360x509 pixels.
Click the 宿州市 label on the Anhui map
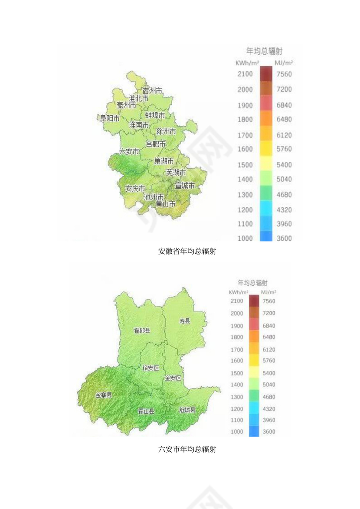tap(152, 91)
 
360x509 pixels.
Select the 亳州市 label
tap(126, 105)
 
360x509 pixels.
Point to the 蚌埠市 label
tap(155, 115)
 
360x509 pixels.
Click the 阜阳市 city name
tap(110, 118)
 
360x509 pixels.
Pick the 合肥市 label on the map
tap(155, 144)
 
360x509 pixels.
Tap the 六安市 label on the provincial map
tap(129, 151)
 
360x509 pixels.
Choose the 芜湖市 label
tap(176, 173)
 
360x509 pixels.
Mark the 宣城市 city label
tap(185, 186)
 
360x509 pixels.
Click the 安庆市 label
tap(135, 189)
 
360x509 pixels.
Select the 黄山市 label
tap(166, 203)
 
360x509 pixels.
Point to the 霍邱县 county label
tap(142, 330)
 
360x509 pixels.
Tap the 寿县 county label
tap(185, 321)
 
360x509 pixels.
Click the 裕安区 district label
tap(151, 368)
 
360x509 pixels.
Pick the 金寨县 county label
tap(103, 395)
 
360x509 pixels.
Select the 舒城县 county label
tap(187, 410)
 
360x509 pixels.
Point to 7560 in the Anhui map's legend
tap(284, 74)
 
